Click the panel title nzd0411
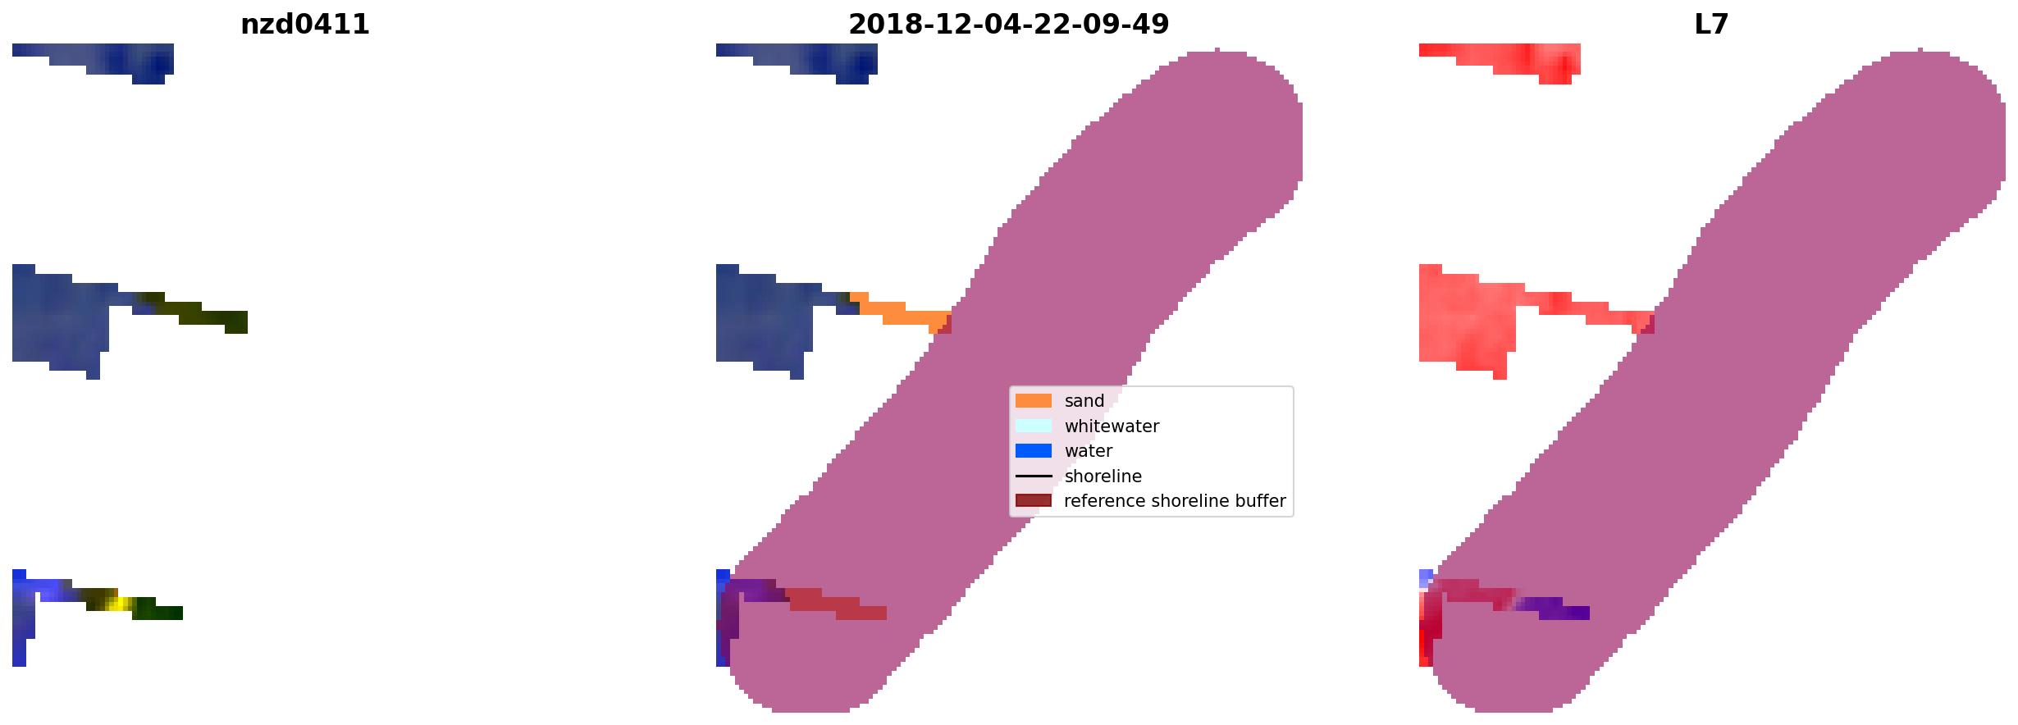click(x=304, y=25)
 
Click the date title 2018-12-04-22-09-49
click(x=1008, y=25)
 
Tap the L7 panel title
click(x=1711, y=25)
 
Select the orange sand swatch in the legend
click(x=1033, y=401)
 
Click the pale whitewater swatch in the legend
click(x=1033, y=426)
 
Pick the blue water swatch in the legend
click(x=1033, y=451)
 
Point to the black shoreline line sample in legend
click(x=1033, y=476)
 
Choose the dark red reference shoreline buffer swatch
click(x=1033, y=501)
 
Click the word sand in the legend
click(x=1084, y=401)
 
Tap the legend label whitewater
click(x=1112, y=426)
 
